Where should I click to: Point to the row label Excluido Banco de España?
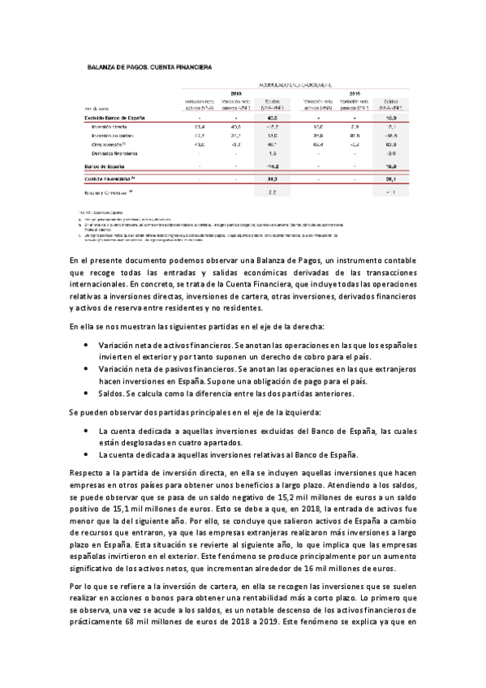tap(114, 118)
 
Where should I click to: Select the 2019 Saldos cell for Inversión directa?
tap(389, 127)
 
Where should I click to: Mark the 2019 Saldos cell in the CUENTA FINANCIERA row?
tap(389, 178)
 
